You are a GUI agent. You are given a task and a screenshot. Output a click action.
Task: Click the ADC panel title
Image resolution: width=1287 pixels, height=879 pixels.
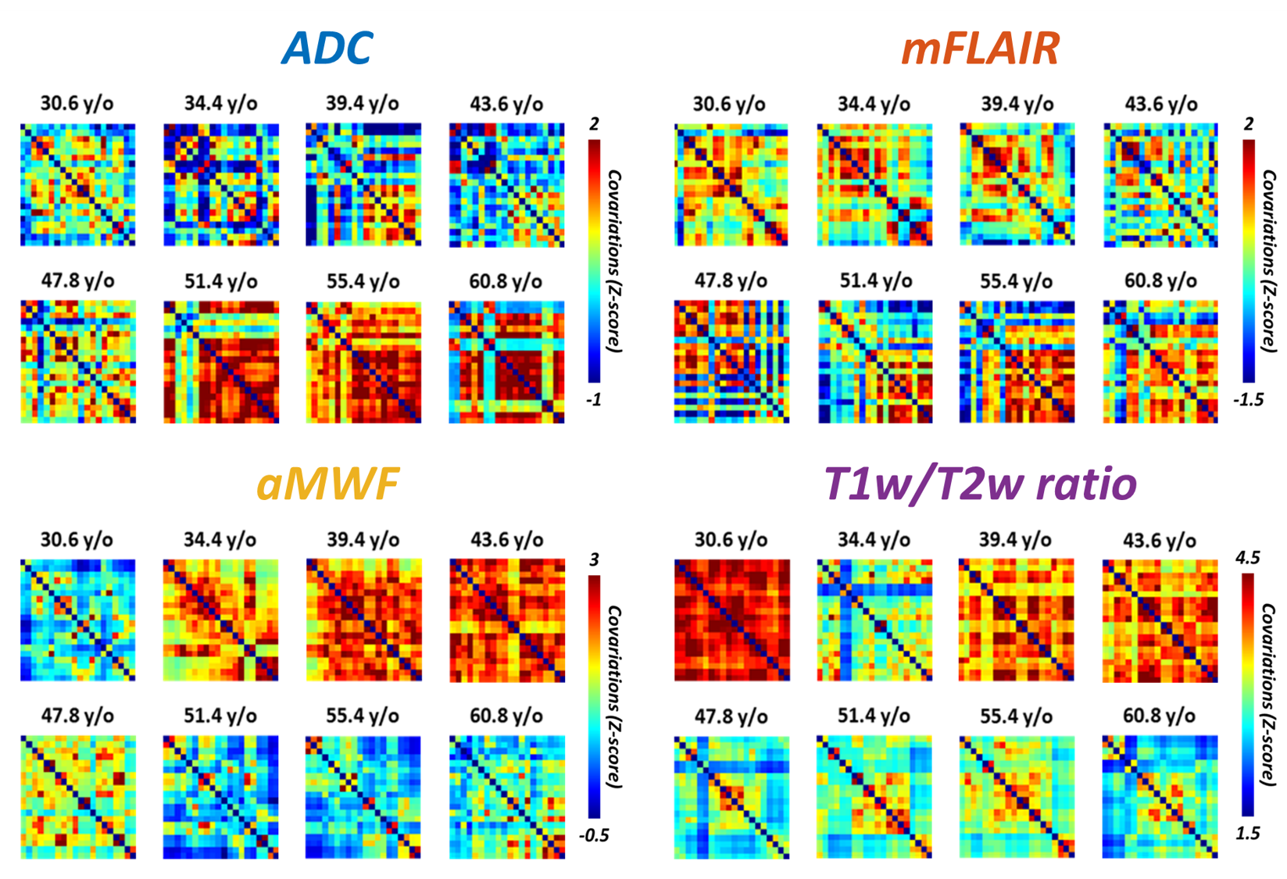click(327, 48)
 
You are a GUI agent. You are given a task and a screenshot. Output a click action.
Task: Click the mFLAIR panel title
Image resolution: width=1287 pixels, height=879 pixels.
click(980, 48)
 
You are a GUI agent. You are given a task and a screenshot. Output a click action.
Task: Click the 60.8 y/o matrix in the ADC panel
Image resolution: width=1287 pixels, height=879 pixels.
click(506, 362)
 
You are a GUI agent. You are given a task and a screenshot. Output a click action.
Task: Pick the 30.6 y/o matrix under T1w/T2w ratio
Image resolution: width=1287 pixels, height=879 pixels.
click(731, 620)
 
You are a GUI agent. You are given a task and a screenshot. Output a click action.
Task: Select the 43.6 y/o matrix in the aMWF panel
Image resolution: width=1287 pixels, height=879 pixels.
click(506, 620)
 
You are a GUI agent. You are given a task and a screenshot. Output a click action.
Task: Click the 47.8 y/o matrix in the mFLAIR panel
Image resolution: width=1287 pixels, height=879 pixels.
click(731, 362)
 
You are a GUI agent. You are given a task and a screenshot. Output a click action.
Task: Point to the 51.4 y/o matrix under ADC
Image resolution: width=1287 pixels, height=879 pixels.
click(221, 362)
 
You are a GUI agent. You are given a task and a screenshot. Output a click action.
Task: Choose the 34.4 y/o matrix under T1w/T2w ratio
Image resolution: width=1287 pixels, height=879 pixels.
click(874, 620)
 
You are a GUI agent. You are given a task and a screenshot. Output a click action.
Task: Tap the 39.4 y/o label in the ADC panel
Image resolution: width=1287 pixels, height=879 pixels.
click(363, 104)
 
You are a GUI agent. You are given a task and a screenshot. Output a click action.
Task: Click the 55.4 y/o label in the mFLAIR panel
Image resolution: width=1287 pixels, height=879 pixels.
click(1016, 281)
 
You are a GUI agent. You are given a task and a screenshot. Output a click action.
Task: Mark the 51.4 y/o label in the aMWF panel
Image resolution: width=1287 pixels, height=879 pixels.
click(220, 716)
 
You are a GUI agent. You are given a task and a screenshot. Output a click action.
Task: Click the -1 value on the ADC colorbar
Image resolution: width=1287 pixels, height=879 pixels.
click(594, 400)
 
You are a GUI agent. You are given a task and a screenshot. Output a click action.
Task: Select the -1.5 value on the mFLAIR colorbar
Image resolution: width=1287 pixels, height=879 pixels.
click(1248, 400)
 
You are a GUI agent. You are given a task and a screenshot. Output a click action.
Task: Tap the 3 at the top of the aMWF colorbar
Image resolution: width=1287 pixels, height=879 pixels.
click(595, 559)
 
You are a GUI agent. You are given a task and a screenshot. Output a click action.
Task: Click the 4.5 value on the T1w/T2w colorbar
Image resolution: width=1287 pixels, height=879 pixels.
click(1247, 558)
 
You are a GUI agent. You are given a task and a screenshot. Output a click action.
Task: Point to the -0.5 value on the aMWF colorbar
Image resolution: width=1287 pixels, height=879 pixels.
click(594, 835)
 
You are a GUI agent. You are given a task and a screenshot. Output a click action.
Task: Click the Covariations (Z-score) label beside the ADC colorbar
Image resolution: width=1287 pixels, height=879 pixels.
click(614, 262)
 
